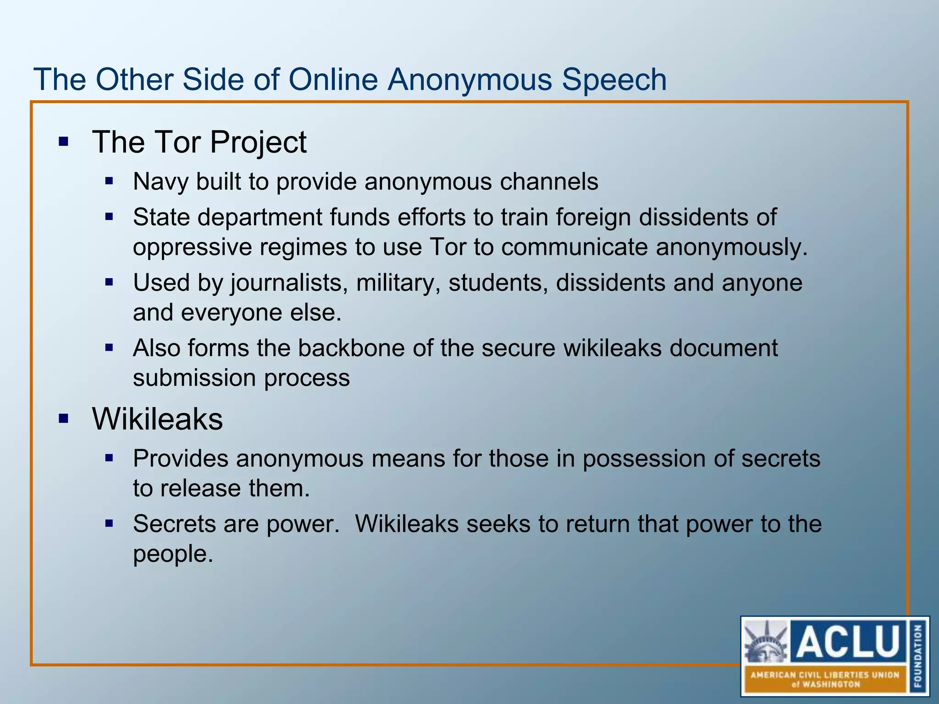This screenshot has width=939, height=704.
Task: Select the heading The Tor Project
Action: pyautogui.click(x=199, y=142)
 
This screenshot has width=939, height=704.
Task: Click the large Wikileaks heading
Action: pyautogui.click(x=157, y=419)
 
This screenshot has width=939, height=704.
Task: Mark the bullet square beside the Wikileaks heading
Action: pyautogui.click(x=63, y=418)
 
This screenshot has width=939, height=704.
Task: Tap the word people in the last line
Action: pyautogui.click(x=172, y=554)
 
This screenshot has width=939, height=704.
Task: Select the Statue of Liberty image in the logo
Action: pyautogui.click(x=766, y=642)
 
